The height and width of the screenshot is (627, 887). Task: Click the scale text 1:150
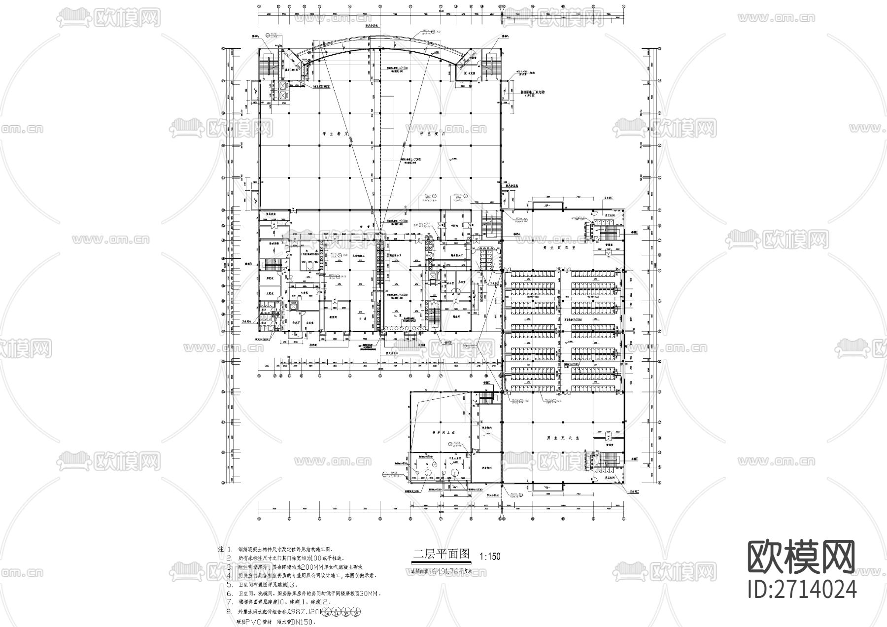pyautogui.click(x=490, y=557)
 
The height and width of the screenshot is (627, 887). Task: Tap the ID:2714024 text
pyautogui.click(x=802, y=589)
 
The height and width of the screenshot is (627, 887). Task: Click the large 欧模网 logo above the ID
pyautogui.click(x=802, y=557)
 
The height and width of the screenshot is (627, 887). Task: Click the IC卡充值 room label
pyautogui.click(x=469, y=73)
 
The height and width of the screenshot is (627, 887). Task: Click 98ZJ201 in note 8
pyautogui.click(x=306, y=612)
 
